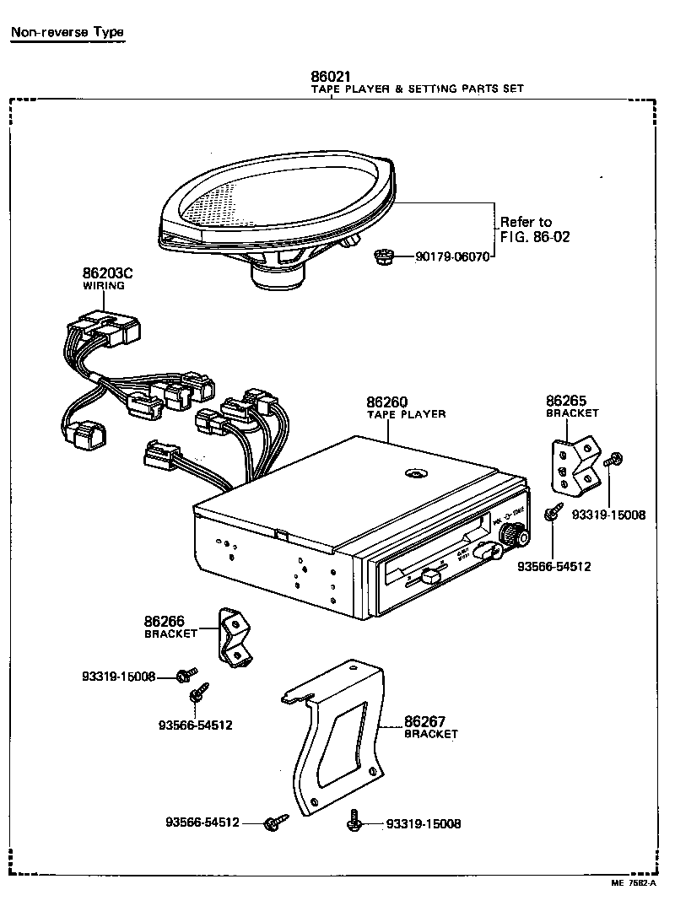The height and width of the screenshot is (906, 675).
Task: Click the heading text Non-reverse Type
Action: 67,33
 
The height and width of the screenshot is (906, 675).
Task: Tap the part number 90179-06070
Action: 451,256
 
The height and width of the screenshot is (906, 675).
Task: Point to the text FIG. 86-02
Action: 535,237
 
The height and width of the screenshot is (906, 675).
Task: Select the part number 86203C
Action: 108,272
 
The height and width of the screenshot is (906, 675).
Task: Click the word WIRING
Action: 103,286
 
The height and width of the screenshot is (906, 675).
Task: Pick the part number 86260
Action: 387,402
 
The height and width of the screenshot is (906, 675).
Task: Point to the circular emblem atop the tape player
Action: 414,474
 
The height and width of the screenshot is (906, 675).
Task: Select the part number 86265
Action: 566,401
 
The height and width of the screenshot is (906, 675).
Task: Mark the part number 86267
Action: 425,720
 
